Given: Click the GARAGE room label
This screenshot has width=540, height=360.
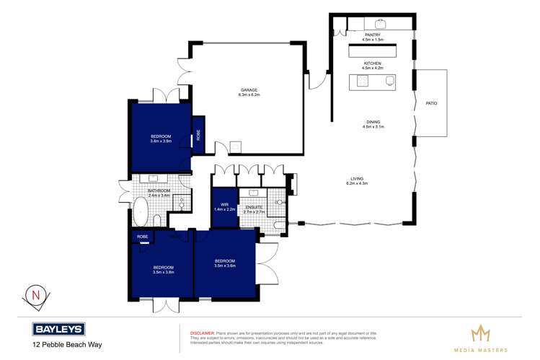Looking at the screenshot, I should coord(249,90).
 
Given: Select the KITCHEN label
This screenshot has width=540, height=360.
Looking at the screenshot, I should coord(373,63).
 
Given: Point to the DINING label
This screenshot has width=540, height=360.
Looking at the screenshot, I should coord(373,122).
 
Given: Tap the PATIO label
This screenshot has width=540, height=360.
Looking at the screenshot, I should coord(430,103).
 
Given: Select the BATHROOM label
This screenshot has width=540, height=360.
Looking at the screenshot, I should coord(158,190).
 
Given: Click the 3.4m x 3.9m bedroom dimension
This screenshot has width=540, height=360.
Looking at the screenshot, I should coord(161,141).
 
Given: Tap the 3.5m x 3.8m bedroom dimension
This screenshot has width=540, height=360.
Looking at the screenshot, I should coord(163,272).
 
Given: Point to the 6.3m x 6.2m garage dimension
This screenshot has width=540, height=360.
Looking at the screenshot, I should coord(249,95).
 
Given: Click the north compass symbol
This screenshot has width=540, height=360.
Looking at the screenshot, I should coord(34,295).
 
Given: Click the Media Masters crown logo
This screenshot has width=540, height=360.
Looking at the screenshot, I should coord(479,333).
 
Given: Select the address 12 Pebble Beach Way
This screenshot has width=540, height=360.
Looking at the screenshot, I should coord(66,345).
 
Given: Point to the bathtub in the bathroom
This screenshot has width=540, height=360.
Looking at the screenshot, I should coord(141,213).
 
